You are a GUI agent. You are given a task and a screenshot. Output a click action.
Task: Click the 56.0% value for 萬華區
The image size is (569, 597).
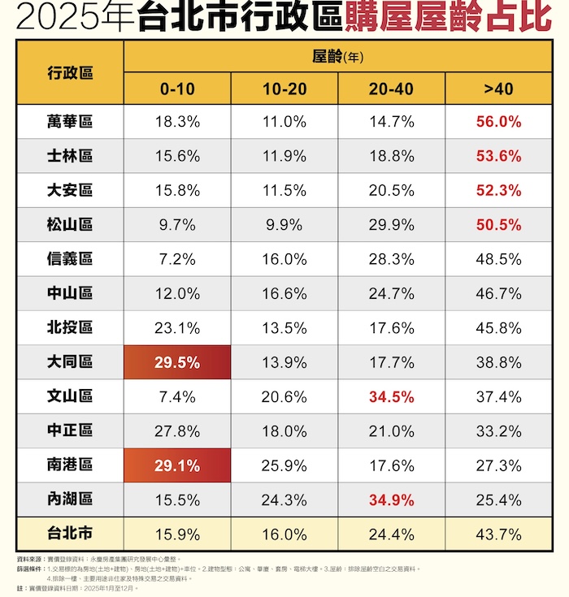click(x=498, y=122)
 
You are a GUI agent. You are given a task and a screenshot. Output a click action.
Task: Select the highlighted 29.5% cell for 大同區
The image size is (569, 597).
click(x=177, y=362)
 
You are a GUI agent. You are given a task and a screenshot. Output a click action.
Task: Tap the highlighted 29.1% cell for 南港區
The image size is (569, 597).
click(x=177, y=465)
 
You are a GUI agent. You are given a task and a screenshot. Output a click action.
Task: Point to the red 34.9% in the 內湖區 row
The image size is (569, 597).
click(x=391, y=500)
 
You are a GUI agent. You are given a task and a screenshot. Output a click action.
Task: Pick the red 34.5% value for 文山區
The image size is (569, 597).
click(x=391, y=397)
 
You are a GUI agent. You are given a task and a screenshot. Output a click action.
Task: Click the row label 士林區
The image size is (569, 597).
click(x=70, y=156)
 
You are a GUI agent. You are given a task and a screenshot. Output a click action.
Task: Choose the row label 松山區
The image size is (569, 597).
click(x=70, y=225)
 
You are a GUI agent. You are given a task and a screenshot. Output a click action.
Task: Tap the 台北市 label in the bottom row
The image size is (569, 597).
click(x=70, y=535)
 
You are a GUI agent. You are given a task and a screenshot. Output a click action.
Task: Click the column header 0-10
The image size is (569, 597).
click(x=177, y=89)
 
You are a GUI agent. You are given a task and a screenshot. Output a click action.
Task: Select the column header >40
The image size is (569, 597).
click(x=498, y=89)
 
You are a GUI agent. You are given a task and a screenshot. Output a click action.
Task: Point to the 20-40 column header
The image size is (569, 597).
click(x=391, y=89)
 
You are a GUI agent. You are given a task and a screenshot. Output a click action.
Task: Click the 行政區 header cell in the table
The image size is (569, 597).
click(x=70, y=72)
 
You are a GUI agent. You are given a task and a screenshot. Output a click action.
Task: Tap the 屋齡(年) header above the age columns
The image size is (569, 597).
click(x=337, y=56)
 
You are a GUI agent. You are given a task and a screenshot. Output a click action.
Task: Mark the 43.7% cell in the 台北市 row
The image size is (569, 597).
click(x=498, y=535)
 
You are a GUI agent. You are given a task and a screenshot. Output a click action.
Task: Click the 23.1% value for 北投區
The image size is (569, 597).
click(x=177, y=328)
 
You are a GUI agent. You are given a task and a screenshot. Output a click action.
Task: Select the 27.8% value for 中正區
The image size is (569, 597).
click(x=177, y=431)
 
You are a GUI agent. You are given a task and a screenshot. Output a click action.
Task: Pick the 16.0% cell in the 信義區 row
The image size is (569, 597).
click(x=284, y=259)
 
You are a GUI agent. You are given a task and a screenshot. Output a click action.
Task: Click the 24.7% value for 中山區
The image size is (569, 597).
click(x=391, y=294)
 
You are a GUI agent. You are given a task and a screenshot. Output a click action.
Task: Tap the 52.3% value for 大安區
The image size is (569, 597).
click(x=498, y=191)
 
